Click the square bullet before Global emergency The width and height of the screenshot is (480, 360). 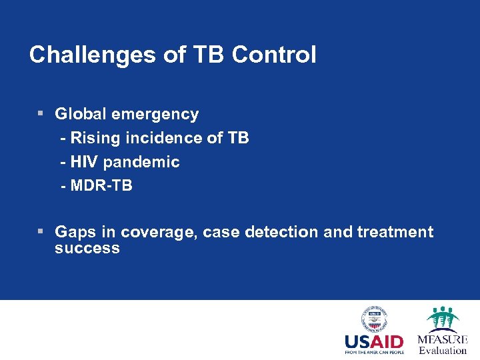41,114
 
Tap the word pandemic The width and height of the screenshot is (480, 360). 141,162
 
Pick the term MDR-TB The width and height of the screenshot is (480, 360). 101,186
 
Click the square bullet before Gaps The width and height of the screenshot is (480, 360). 41,231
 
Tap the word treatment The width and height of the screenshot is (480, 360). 395,232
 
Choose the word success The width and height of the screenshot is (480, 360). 87,249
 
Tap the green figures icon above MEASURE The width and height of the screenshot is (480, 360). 443,318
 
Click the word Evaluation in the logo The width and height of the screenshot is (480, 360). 443,351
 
